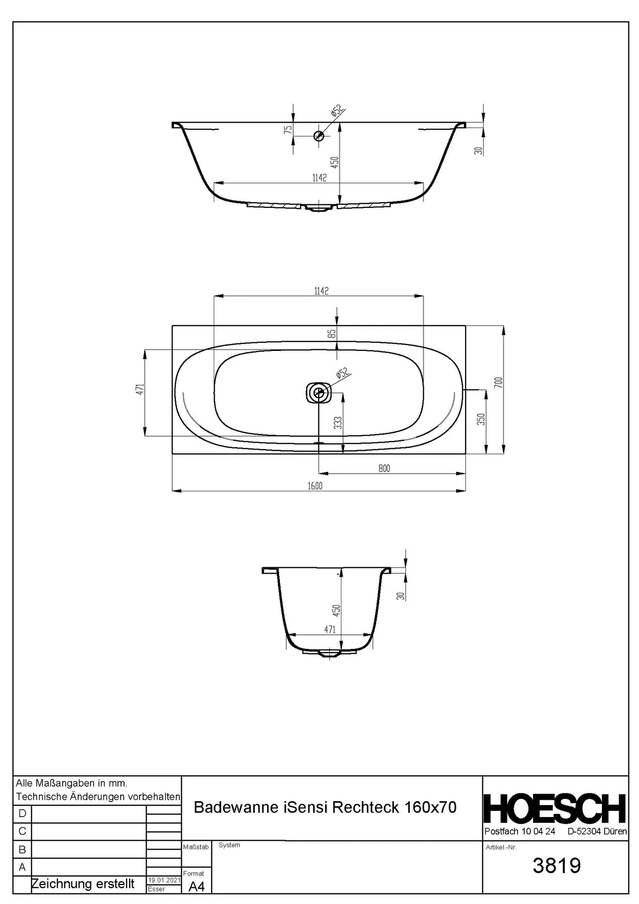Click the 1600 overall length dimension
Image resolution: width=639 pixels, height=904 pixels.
[x=315, y=486]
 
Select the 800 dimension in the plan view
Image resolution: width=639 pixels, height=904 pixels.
[x=384, y=468]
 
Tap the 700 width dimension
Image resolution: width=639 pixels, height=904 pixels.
[x=498, y=382]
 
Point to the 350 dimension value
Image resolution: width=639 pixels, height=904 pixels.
[x=481, y=419]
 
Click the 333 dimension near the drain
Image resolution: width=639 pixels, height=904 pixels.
[x=337, y=423]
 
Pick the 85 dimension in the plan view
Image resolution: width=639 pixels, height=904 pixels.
[x=332, y=334]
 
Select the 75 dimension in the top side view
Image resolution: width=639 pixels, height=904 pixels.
[x=288, y=130]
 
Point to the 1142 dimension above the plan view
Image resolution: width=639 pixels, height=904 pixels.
[x=321, y=291]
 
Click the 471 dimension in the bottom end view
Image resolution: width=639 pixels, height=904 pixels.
[x=330, y=629]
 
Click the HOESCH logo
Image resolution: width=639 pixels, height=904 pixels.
[x=555, y=809]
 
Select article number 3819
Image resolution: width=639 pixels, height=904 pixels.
[x=556, y=866]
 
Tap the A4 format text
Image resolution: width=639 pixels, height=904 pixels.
[x=197, y=886]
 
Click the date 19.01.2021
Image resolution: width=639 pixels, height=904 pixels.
[x=163, y=880]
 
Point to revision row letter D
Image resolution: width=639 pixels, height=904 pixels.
[x=22, y=813]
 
